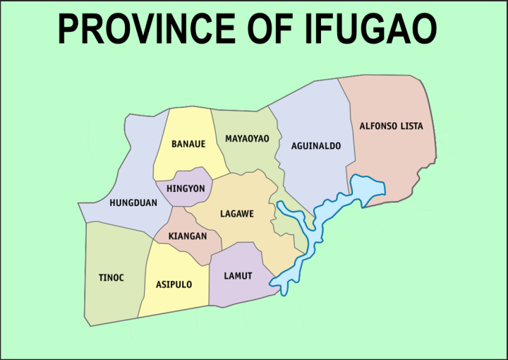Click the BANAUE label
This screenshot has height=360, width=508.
pyautogui.click(x=188, y=144)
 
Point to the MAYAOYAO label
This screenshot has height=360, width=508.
pyautogui.click(x=247, y=138)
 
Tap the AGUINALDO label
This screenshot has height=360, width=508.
pyautogui.click(x=316, y=146)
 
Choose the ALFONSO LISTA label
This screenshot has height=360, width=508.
pyautogui.click(x=391, y=126)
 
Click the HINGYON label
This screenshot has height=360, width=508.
pyautogui.click(x=185, y=189)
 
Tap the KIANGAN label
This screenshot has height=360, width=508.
pyautogui.click(x=188, y=236)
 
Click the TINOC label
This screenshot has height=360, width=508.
pyautogui.click(x=111, y=277)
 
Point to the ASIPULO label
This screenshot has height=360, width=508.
pyautogui.click(x=173, y=285)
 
